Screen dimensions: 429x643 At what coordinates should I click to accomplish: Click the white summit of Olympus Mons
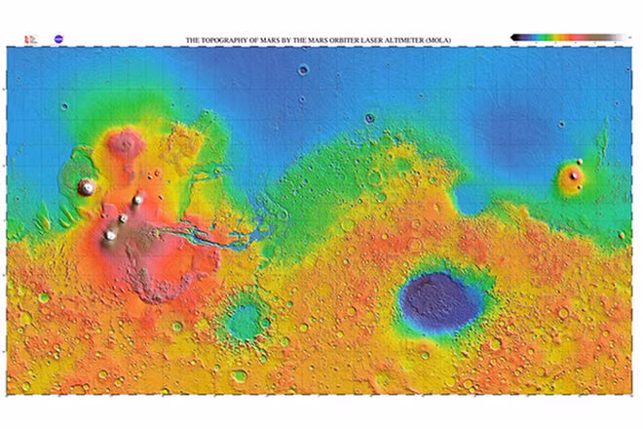coord(87,186)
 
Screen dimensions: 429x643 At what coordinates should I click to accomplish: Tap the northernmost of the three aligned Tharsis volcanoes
coord(137,200)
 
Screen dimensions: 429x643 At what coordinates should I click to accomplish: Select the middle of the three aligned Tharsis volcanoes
coord(123,218)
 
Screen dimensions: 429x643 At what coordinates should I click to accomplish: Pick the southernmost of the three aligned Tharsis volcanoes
coord(110,235)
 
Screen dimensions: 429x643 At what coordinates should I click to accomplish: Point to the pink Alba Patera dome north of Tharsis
coord(125,144)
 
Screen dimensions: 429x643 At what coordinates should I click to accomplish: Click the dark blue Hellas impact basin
coord(439,298)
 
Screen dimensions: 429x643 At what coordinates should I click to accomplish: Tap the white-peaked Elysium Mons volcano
coord(574,176)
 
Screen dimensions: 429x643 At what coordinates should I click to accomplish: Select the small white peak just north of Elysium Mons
coord(579,162)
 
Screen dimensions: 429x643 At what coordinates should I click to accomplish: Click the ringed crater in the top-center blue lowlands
coord(303,69)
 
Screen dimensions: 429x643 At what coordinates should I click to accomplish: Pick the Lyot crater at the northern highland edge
coord(369,118)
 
